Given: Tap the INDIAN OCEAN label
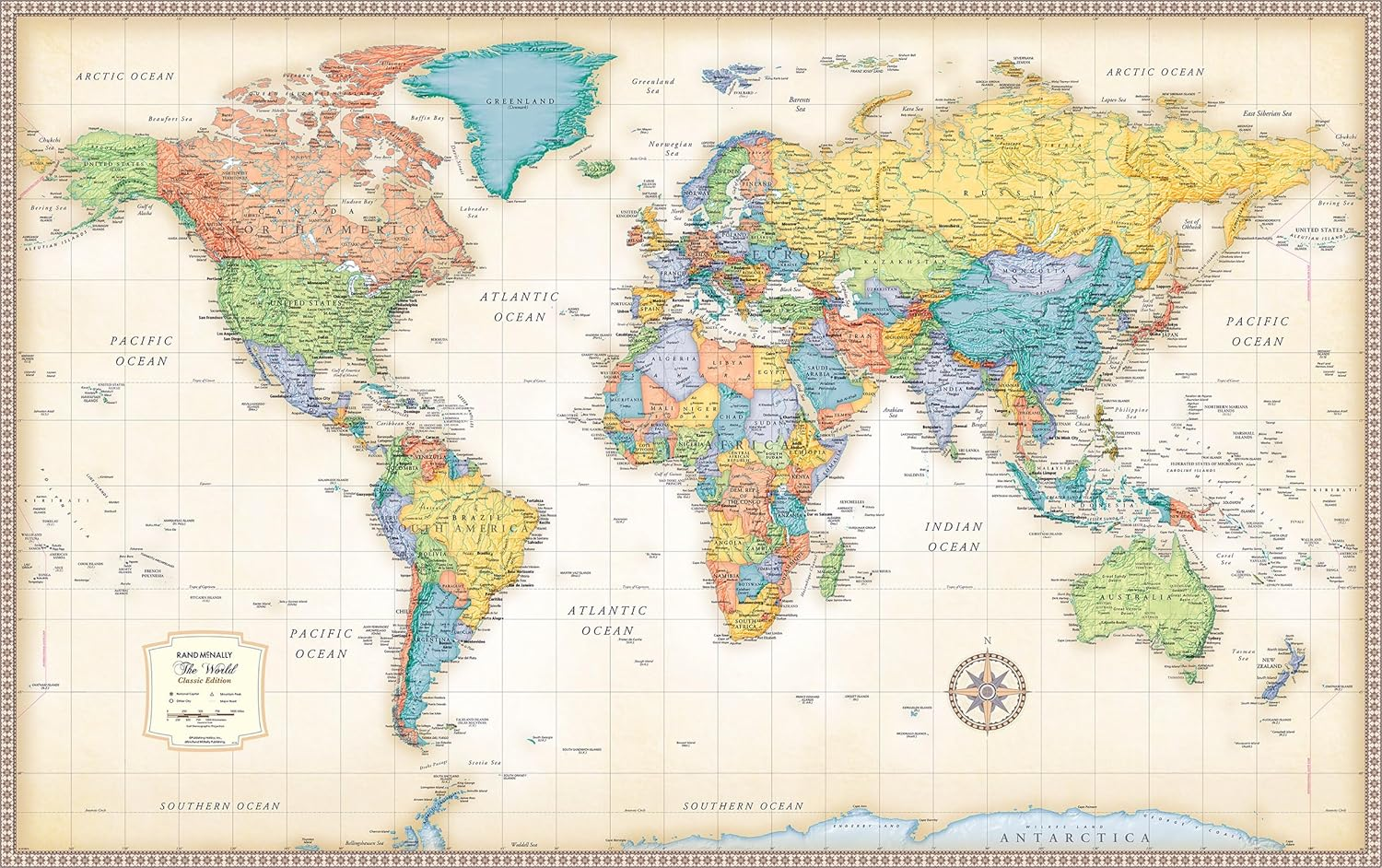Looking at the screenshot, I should pyautogui.click(x=955, y=536).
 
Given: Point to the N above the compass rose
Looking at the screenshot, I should pyautogui.click(x=988, y=640).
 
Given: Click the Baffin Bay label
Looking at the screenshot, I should pyautogui.click(x=427, y=119).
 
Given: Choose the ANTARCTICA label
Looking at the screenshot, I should pyautogui.click(x=1075, y=838).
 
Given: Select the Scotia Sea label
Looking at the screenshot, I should pyautogui.click(x=483, y=763).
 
